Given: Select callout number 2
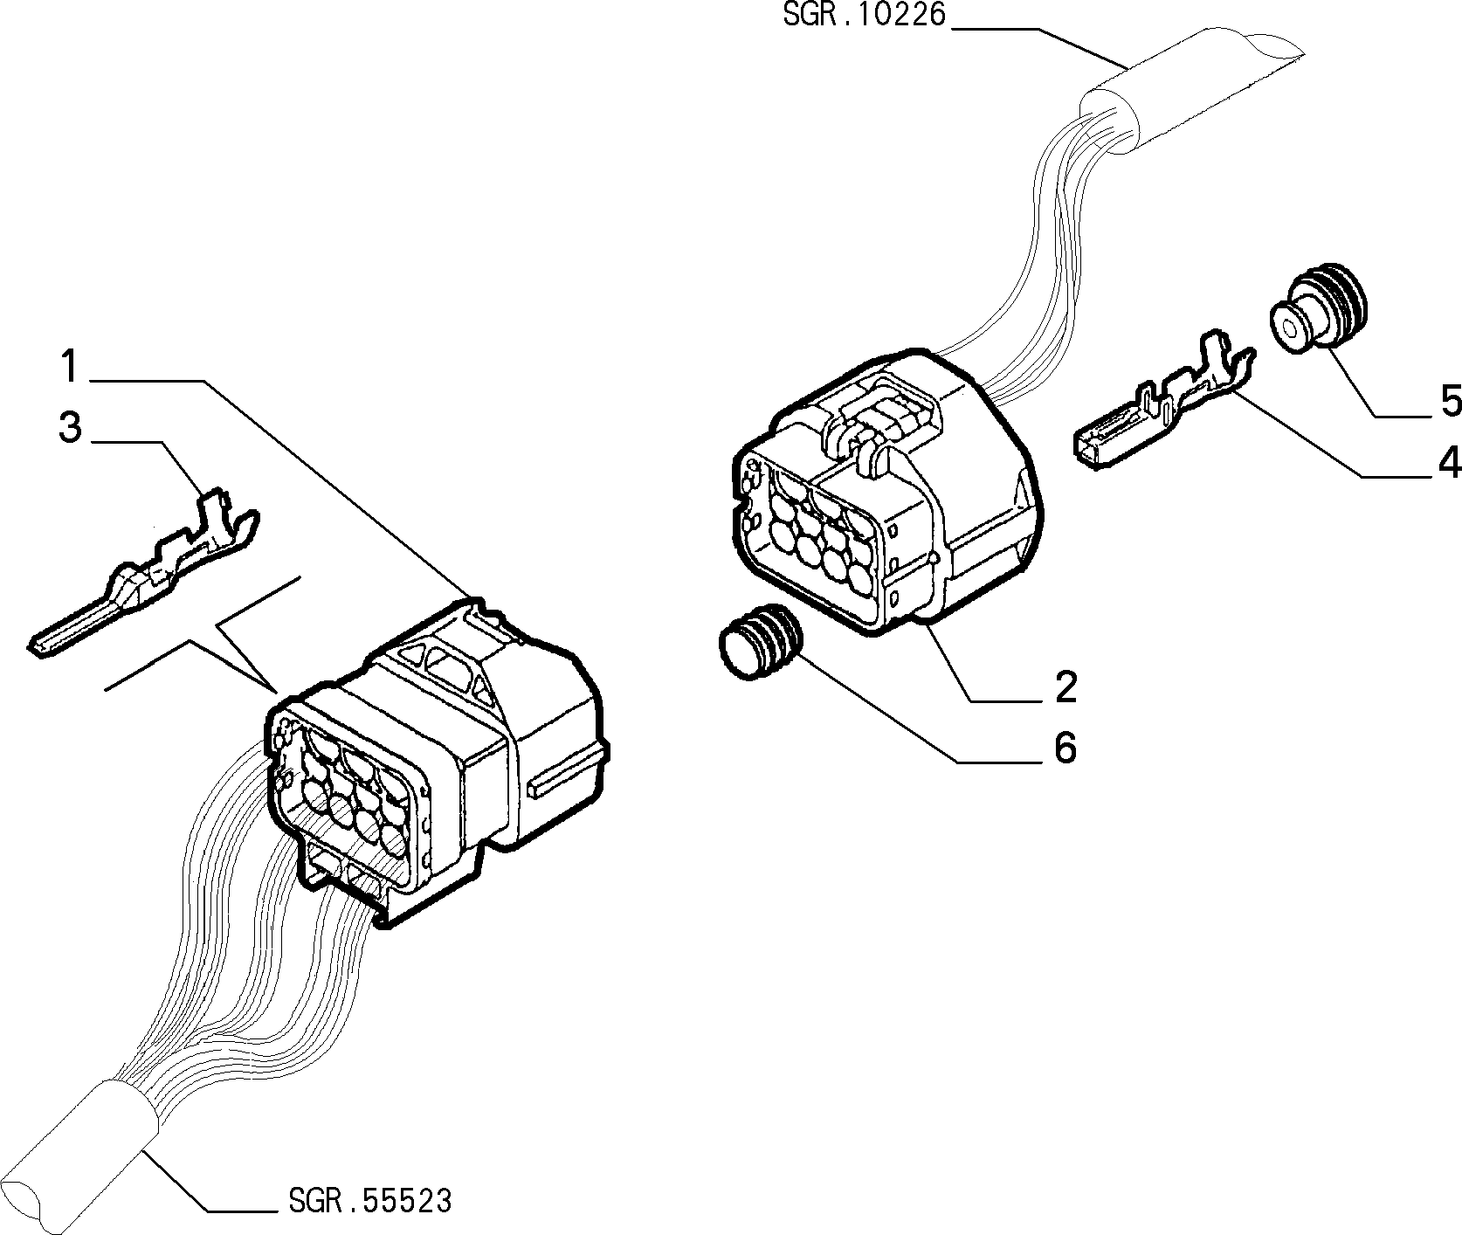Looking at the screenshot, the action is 1065,687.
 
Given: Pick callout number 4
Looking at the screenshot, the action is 1450,462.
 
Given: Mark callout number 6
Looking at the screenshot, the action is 1065,749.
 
